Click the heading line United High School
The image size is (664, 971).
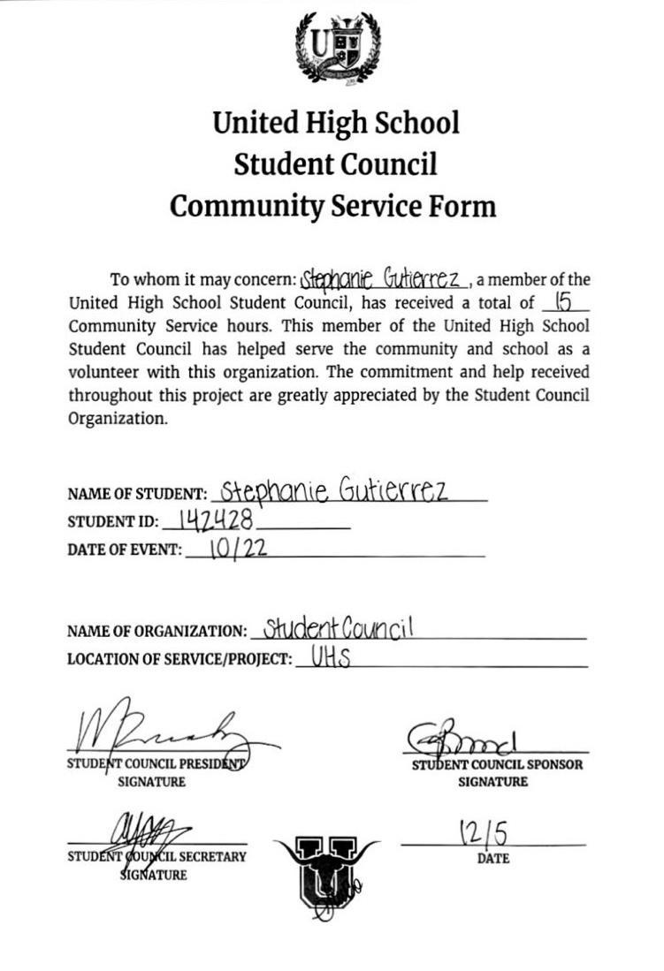pyautogui.click(x=336, y=122)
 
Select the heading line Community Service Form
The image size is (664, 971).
pyautogui.click(x=332, y=206)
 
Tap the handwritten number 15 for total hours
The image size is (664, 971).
pyautogui.click(x=561, y=303)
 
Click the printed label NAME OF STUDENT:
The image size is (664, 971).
pyautogui.click(x=137, y=495)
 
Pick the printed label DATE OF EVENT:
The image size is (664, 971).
pyautogui.click(x=125, y=550)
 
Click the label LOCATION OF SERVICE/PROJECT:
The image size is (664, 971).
pyautogui.click(x=179, y=660)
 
